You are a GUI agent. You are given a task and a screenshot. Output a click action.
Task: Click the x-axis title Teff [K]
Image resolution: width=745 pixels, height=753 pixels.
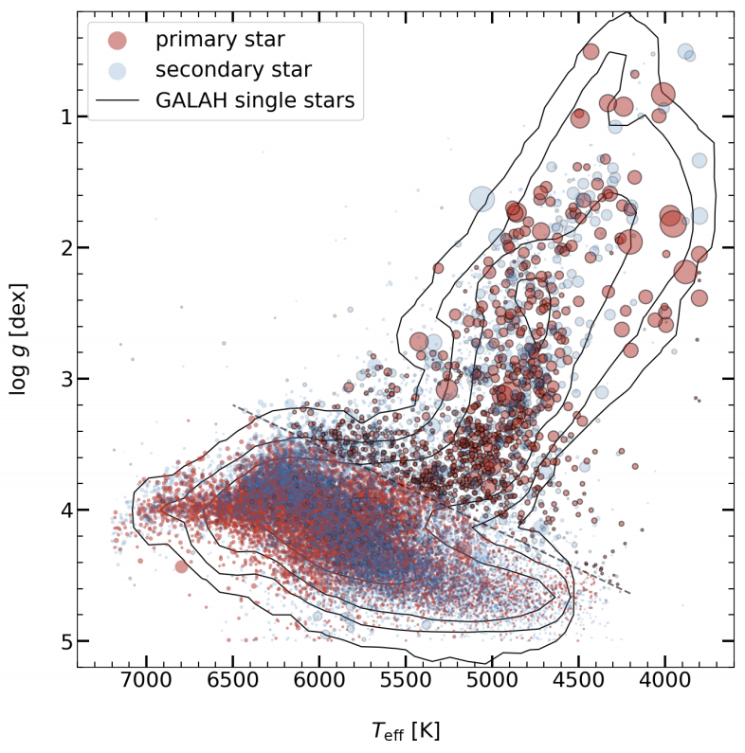tap(406, 730)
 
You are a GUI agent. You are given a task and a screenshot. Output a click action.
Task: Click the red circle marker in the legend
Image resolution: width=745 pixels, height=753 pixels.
tap(117, 40)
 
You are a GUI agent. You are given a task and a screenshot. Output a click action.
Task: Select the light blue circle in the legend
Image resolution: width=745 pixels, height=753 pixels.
tap(117, 70)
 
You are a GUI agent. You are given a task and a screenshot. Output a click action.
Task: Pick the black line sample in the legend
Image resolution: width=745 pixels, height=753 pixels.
tap(117, 100)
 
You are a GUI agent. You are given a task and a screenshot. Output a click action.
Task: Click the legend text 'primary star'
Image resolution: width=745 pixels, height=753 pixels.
tap(220, 40)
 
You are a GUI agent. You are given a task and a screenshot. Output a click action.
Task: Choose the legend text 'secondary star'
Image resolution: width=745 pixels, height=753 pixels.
tap(233, 70)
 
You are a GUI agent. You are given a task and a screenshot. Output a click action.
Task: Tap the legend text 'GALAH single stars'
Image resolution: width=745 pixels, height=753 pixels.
tap(255, 100)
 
